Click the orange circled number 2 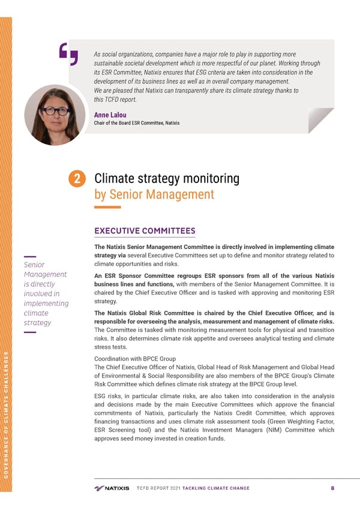pyautogui.click(x=79, y=179)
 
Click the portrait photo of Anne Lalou pyautogui.click(x=55, y=115)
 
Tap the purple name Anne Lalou pyautogui.click(x=110, y=115)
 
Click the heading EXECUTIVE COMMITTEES pyautogui.click(x=145, y=230)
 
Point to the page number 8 pyautogui.click(x=332, y=488)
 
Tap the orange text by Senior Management pyautogui.click(x=154, y=194)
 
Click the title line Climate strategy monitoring pyautogui.click(x=167, y=179)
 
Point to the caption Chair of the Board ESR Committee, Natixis pyautogui.click(x=137, y=123)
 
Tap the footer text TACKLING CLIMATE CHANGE pyautogui.click(x=215, y=488)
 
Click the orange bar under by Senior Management pyautogui.click(x=107, y=207)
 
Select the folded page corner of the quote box pyautogui.click(x=320, y=121)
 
